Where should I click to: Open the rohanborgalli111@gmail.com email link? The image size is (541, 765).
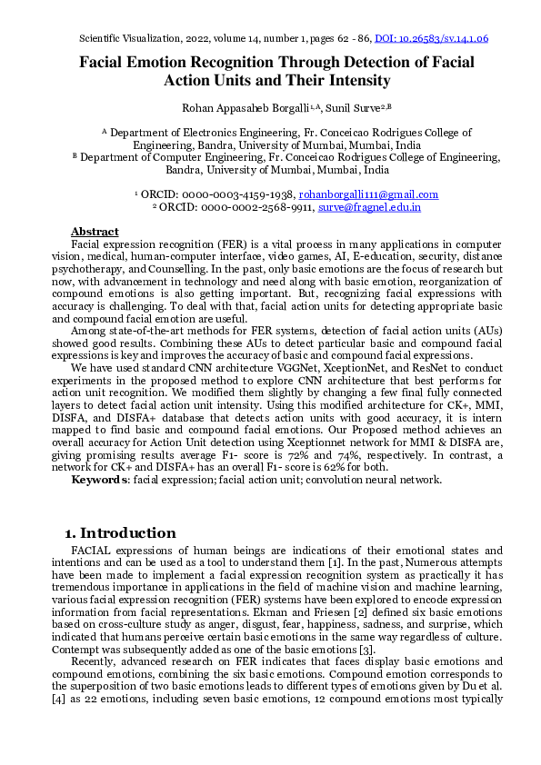[368, 194]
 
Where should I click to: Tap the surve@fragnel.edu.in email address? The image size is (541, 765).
[368, 207]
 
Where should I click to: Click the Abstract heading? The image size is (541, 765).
[95, 232]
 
